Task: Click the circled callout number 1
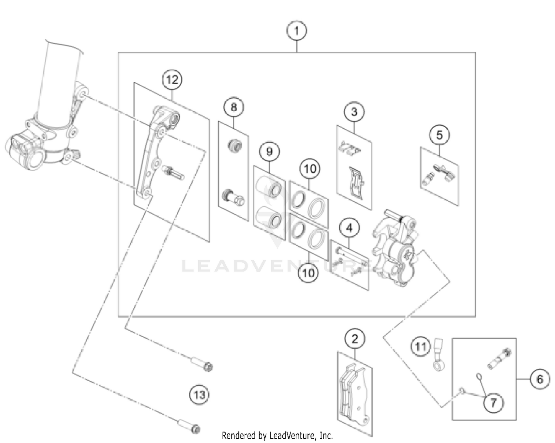297,31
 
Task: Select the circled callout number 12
172,80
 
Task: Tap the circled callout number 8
233,107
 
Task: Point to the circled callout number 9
269,151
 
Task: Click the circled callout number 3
354,112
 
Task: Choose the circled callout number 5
439,135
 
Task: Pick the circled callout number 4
349,228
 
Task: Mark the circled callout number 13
199,395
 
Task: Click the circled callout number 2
354,338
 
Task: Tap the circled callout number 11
420,346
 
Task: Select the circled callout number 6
539,379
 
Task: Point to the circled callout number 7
492,402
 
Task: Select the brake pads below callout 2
354,392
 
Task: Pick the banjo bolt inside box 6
498,358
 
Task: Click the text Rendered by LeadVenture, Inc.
277,436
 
